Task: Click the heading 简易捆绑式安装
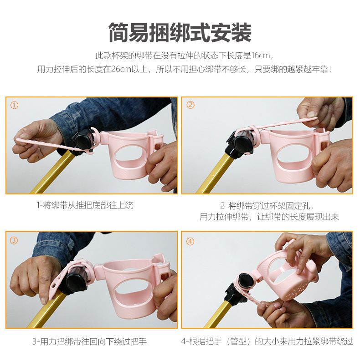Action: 180,33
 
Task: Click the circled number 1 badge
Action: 15,105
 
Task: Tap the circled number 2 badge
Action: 190,105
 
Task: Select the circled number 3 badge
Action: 15,240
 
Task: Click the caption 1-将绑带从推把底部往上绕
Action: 85,206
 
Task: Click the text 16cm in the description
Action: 261,56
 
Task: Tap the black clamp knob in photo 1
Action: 83,142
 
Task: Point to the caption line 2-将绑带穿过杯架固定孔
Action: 267,206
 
